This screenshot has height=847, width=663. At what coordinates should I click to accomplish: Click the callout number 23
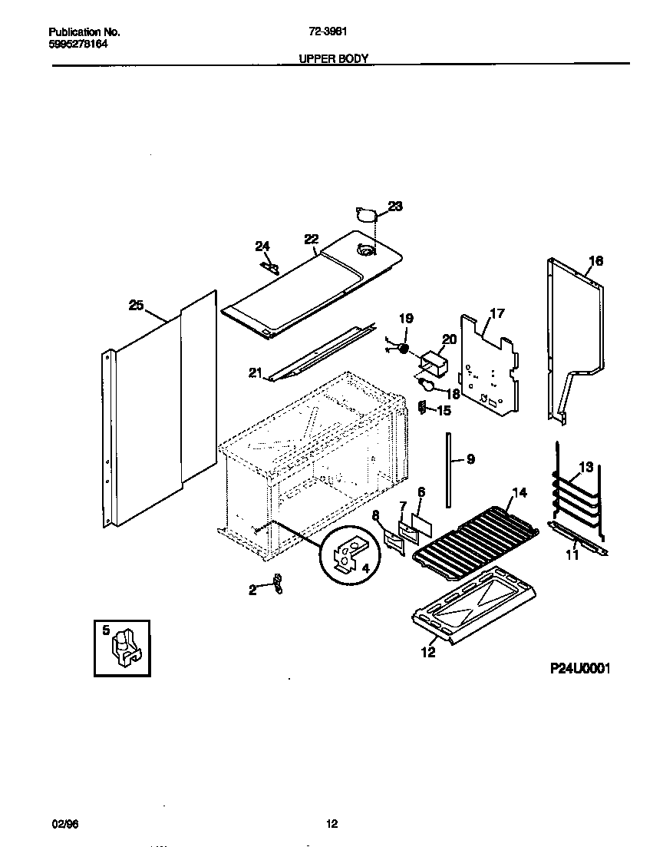click(395, 206)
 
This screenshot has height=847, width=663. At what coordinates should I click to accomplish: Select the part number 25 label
click(136, 306)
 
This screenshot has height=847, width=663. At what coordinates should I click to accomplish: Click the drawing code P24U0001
click(579, 669)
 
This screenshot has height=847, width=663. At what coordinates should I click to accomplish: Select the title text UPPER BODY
click(333, 58)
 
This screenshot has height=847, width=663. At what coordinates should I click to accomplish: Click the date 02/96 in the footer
click(61, 824)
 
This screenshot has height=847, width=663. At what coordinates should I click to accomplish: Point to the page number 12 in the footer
click(331, 824)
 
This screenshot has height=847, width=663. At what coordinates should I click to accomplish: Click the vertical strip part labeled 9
click(446, 469)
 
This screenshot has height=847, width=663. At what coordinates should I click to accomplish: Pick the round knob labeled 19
click(403, 349)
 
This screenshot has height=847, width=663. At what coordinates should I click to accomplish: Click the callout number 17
click(497, 313)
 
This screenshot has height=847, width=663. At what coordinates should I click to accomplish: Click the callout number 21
click(255, 374)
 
